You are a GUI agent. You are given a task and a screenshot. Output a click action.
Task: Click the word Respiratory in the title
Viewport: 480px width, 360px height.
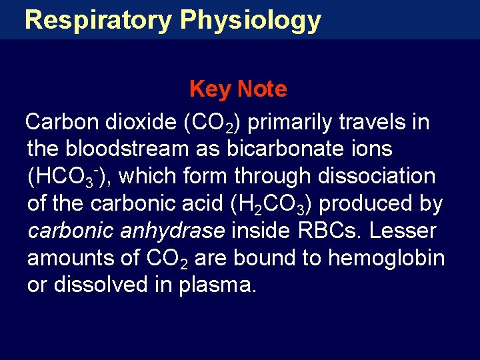(97, 20)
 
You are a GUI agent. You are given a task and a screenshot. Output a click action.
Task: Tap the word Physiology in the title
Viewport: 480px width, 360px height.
(250, 20)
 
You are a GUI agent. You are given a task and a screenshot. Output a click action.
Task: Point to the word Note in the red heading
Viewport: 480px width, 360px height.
(262, 89)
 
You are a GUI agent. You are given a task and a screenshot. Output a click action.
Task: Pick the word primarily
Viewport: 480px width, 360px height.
(294, 123)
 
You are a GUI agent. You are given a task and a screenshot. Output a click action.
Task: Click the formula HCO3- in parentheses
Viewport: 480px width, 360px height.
(67, 177)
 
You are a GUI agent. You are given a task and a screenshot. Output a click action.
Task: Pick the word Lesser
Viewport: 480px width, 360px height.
(404, 231)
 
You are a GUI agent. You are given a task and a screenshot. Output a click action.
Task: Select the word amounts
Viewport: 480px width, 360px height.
(68, 258)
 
